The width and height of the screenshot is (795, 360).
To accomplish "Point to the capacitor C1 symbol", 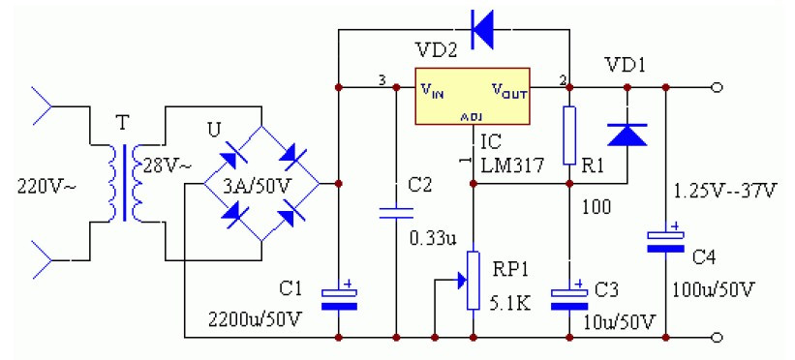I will [x=338, y=295].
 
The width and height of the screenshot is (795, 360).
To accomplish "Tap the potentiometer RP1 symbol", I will [x=473, y=281].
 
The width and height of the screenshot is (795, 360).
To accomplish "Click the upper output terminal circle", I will [x=716, y=88].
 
